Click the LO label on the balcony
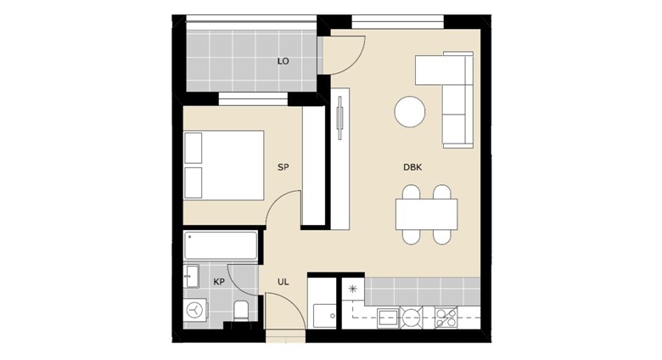click(x=283, y=61)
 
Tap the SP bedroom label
click(x=283, y=167)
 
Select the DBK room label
click(x=412, y=167)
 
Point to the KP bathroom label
click(x=219, y=282)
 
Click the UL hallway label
click(x=283, y=282)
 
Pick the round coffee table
click(x=410, y=111)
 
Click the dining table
click(x=426, y=214)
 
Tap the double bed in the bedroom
click(x=224, y=166)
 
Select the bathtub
click(x=221, y=245)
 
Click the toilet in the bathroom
click(x=242, y=311)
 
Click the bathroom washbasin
click(x=191, y=276)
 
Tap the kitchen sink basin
click(x=388, y=318)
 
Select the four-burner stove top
click(x=446, y=318)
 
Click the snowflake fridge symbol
click(x=352, y=290)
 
